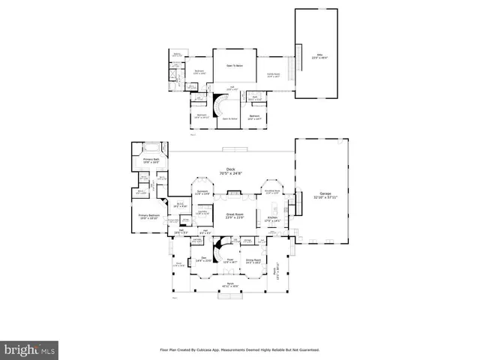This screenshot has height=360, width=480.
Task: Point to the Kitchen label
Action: tap(273, 220)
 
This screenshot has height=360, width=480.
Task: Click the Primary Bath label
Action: tap(152, 160)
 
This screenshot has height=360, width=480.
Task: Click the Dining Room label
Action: tap(273, 262)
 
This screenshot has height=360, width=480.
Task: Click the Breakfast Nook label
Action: tap(272, 192)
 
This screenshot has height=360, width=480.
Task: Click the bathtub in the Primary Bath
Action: tap(154, 147)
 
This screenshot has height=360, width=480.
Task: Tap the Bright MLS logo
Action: tap(30, 349)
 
